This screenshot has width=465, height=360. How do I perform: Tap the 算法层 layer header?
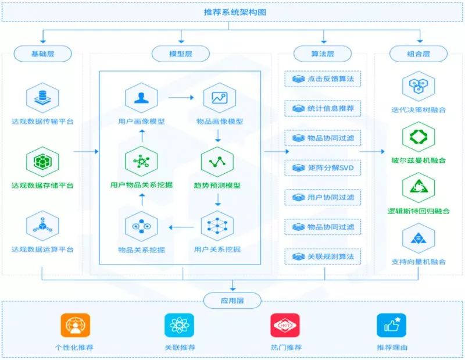coord(322,54)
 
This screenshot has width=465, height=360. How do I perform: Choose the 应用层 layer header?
coord(232,300)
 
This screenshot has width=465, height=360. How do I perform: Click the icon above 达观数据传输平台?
coord(42,98)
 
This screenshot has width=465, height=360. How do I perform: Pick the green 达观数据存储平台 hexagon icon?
coord(42,162)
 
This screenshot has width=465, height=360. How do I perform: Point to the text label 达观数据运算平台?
coord(42,249)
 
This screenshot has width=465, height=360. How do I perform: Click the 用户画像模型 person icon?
coord(141,98)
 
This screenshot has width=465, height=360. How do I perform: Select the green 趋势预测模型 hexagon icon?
coord(217,162)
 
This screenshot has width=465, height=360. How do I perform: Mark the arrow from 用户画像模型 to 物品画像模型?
coord(180,98)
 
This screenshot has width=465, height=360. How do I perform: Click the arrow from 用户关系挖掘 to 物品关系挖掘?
coord(180,226)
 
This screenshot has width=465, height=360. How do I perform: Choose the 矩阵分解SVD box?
coord(322,168)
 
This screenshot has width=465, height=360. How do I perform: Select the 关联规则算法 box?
coord(322,256)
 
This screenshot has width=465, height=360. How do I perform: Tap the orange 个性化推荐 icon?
coord(75,326)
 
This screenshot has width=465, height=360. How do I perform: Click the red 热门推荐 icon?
coord(285,326)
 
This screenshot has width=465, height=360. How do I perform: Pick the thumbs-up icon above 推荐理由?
coord(391,326)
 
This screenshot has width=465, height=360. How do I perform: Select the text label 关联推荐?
coord(180,348)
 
